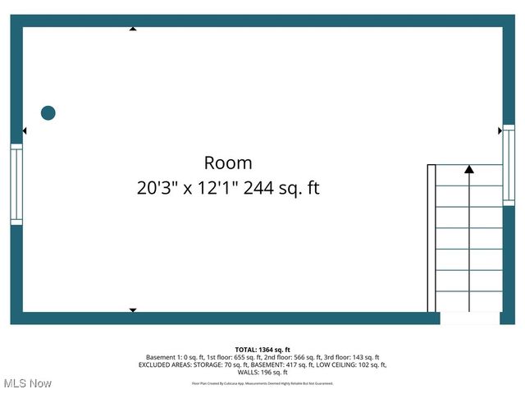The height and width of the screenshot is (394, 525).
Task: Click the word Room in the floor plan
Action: click(228, 163)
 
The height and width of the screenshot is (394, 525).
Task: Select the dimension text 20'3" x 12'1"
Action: click(188, 189)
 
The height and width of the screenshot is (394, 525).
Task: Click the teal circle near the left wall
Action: click(48, 113)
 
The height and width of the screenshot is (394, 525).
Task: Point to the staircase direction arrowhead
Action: click(469, 170)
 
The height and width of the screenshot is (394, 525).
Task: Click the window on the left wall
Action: click(16, 184)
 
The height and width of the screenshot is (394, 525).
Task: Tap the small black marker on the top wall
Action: click(133, 29)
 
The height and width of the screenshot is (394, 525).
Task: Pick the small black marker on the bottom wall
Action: click(133, 310)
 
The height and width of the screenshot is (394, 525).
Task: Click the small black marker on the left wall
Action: click(25, 131)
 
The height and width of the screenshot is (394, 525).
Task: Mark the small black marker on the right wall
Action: click(500, 131)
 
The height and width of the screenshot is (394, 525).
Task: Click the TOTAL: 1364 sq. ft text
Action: click(262, 350)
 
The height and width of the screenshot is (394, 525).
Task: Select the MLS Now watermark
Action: click(28, 383)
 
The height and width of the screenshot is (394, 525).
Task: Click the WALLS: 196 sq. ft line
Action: click(262, 372)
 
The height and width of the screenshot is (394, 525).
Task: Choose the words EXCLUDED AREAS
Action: click(165, 364)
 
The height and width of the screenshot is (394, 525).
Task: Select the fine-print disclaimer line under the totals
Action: click(262, 383)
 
